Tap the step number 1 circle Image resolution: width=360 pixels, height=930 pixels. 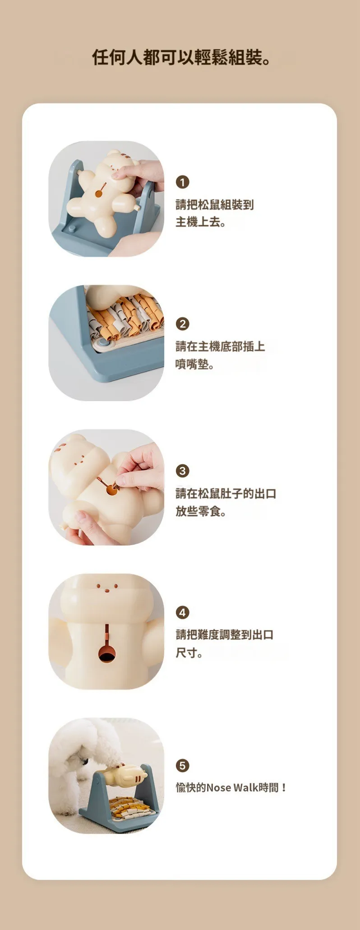(x=182, y=182)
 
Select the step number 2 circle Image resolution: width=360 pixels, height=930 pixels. (x=182, y=324)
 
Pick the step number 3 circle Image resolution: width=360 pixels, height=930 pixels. (x=182, y=471)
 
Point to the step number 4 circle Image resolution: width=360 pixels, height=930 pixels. (x=182, y=612)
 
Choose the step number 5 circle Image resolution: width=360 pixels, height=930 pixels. (x=182, y=765)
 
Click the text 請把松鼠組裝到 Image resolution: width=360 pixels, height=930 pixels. (x=215, y=205)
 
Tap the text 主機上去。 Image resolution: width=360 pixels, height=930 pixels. (x=201, y=222)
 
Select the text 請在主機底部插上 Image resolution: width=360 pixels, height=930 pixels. (x=220, y=347)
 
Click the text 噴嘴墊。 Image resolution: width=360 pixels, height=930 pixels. (x=195, y=364)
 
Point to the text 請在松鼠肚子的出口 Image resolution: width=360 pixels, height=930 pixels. (x=226, y=494)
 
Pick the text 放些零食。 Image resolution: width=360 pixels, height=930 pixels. (x=201, y=511)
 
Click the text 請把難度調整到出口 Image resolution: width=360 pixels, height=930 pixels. (x=225, y=635)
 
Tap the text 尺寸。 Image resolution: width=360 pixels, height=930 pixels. (x=189, y=652)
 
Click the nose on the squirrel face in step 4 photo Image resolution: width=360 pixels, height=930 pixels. (x=107, y=590)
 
